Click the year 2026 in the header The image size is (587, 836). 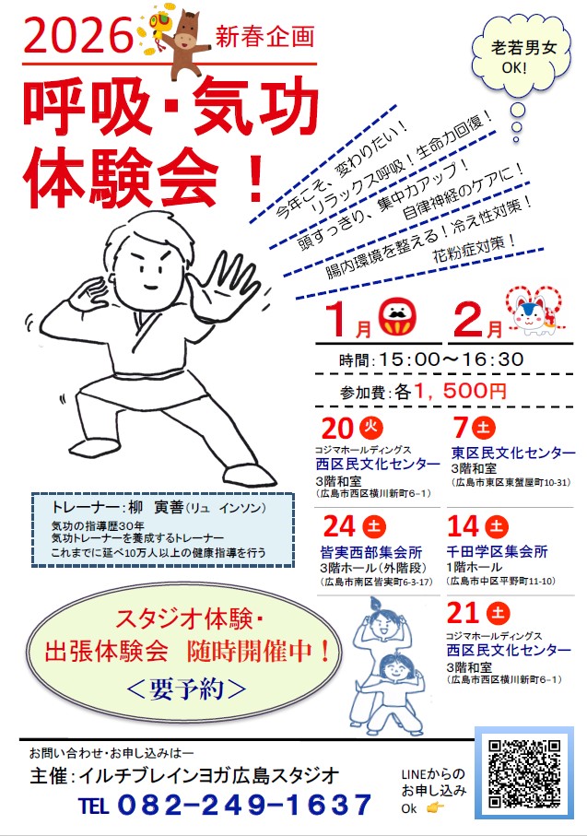pos(77,36)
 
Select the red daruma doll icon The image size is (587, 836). pos(397,318)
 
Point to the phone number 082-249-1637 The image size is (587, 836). pos(244,805)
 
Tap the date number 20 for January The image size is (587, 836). pos(337,428)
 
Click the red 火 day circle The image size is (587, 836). pos(371,427)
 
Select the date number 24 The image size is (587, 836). pos(339,527)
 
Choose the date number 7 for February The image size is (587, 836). pos(461,428)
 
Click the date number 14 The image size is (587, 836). pos(463,527)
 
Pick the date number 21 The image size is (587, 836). pos(463,613)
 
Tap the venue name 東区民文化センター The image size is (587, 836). pos(513,453)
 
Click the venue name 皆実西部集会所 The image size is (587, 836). pos(371,552)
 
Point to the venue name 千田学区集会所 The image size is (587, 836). pos(497,551)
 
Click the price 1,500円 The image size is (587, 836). pos(460,392)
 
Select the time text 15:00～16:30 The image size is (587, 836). pos(451,359)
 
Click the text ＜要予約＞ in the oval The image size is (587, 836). pos(186,689)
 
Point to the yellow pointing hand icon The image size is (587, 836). pos(435,808)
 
